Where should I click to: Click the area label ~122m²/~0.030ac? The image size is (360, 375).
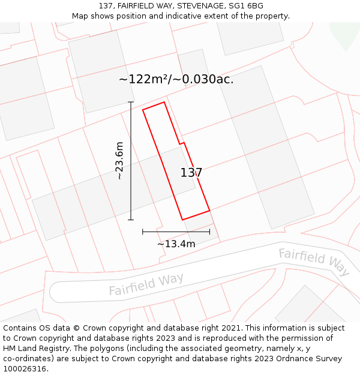tap(176, 79)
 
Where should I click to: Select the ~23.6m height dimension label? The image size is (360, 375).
tap(119, 161)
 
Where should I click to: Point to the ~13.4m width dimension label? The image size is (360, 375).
tap(176, 244)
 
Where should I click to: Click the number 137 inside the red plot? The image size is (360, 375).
tap(191, 173)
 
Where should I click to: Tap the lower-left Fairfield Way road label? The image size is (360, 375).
tap(146, 284)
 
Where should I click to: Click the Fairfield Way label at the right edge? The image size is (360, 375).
tap(314, 262)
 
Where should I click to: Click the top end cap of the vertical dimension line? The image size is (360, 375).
tap(131, 102)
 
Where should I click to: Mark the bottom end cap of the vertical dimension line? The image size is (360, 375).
tap(131, 220)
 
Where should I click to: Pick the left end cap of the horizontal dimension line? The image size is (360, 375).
tap(143, 231)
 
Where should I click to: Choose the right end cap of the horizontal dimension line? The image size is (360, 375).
tap(209, 231)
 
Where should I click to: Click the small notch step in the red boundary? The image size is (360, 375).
tap(182, 143)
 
